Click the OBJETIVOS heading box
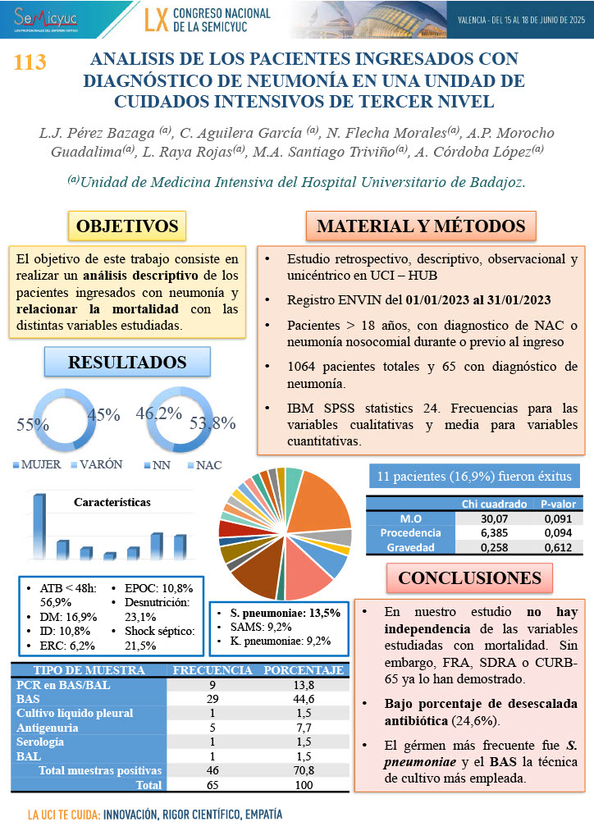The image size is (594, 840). pos(127,226)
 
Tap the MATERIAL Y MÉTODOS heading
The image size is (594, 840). pos(421,226)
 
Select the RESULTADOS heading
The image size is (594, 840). pos(127,362)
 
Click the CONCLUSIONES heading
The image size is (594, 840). pos(469,577)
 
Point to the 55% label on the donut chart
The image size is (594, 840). pos(34,425)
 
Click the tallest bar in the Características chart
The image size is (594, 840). pos(39,526)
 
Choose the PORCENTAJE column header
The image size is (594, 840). pos(303,669)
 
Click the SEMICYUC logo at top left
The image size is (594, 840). pos(41,17)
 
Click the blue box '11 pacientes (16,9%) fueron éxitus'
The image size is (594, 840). pos(474,477)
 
